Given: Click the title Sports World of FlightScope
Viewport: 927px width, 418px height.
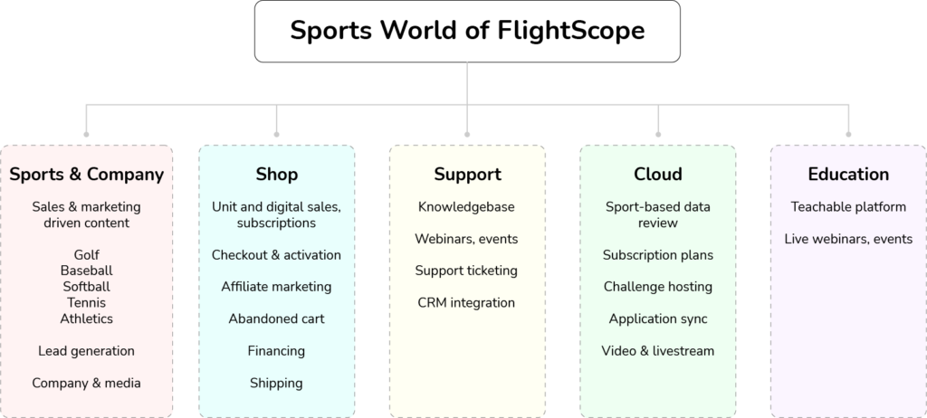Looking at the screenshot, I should point(467,31).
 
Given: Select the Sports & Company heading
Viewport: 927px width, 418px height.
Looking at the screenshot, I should point(87,174).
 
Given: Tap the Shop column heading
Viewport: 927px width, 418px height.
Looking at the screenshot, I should point(277,174).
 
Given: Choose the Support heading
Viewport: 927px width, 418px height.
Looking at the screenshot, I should point(467,174).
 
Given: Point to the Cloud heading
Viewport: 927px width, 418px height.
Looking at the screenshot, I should point(658,174).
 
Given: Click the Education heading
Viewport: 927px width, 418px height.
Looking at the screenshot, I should point(848,174).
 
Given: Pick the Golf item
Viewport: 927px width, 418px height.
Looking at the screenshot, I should point(87,254).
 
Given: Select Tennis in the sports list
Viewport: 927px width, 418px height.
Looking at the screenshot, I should point(87,302).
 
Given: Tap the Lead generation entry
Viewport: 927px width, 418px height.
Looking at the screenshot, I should point(87,351).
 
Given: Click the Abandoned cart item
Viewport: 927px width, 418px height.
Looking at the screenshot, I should point(277,318).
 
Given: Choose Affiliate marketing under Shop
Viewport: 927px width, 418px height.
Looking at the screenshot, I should point(277,287).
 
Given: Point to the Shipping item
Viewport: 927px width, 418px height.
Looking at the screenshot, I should point(277,383).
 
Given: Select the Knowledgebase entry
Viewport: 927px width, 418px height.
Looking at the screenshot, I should point(467,207).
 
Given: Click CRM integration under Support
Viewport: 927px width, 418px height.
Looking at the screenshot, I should point(467,302).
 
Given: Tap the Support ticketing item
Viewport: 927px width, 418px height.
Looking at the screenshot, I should point(467,271).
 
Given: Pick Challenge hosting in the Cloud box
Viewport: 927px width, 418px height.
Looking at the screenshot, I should point(658,287).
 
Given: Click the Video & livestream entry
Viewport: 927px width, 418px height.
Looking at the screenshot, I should point(658,351).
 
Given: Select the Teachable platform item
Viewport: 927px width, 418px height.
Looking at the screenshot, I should point(848,207).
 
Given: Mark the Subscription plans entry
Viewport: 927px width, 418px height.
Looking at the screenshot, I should point(658,255).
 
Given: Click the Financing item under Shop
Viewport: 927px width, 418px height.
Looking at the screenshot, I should point(277,351).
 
